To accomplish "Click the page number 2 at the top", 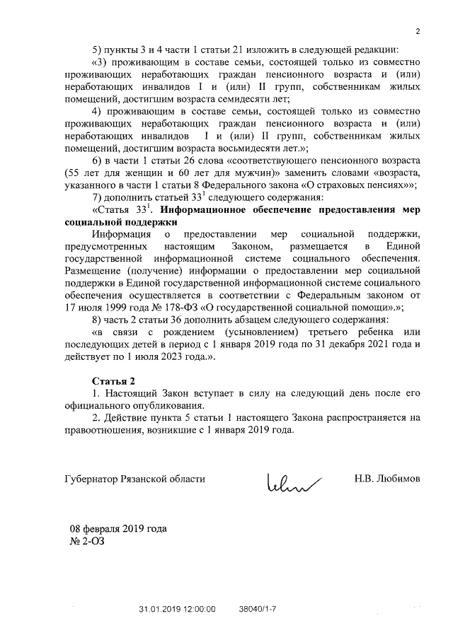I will point(418,31).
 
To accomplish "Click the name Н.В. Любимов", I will point(387,479).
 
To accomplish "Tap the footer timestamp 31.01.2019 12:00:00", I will point(176,608).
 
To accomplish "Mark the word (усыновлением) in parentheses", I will point(258,333).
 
